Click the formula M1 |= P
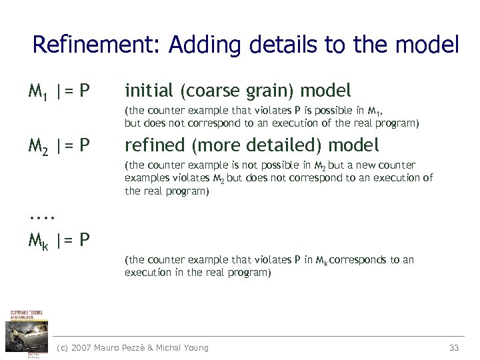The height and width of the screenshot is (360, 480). (59, 90)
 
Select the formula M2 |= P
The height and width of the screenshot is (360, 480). (59, 145)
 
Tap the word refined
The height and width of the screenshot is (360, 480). (153, 145)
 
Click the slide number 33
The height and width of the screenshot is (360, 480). (455, 347)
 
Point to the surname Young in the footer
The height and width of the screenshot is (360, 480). (195, 347)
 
